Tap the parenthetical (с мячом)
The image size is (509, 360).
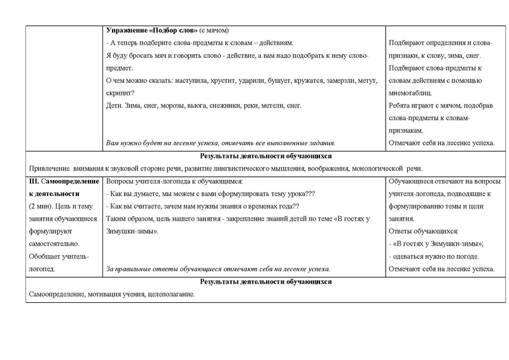coord(214,31)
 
